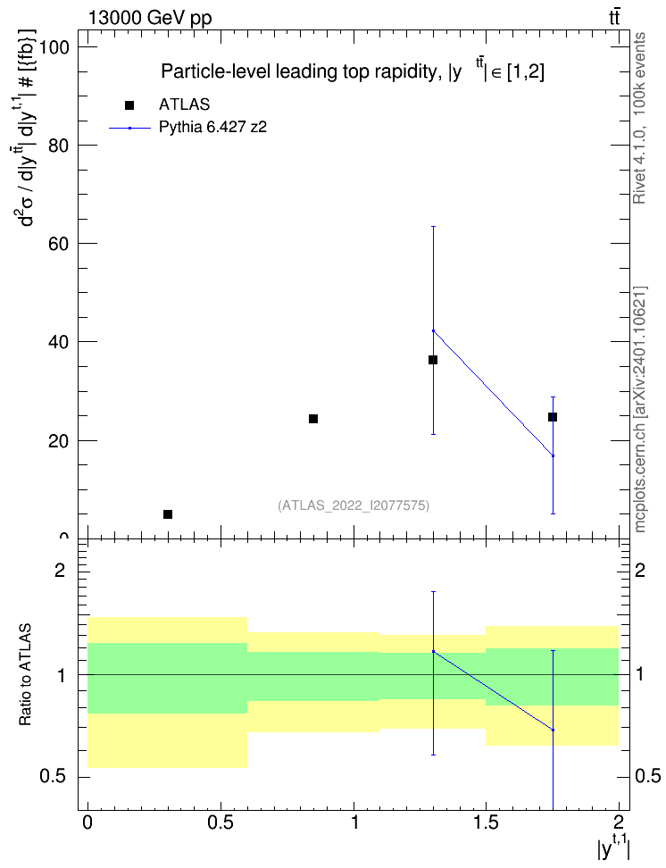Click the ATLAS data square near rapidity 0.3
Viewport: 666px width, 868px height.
pos(168,514)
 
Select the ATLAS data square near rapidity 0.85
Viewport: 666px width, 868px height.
pos(313,419)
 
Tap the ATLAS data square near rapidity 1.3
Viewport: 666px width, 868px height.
pos(433,360)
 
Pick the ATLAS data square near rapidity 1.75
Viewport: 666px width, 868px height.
pos(553,417)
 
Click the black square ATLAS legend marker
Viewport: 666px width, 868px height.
pos(129,105)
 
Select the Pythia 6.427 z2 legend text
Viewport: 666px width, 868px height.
pos(212,128)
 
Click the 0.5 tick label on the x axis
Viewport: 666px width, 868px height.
pos(221,822)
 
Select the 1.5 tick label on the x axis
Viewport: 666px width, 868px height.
pos(487,822)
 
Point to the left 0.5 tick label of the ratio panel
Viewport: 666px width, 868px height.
pos(54,777)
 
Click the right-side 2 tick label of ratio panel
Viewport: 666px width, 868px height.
pos(640,570)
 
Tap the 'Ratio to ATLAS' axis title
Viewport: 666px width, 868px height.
pos(25,675)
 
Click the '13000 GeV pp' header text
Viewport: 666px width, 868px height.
pos(150,18)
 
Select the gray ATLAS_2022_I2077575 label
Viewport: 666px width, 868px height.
pos(354,505)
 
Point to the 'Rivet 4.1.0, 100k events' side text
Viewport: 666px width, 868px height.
pos(639,118)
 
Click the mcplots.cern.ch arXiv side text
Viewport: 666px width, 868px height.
pos(639,410)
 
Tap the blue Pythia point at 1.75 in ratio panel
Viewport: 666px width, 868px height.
pos(553,730)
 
